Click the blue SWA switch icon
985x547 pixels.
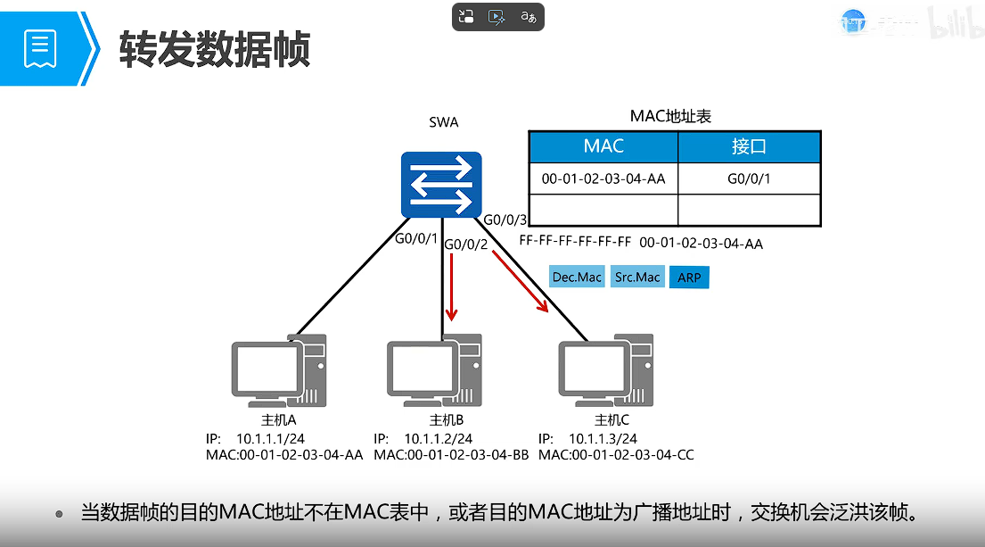pyautogui.click(x=441, y=185)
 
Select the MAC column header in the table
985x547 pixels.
pyautogui.click(x=603, y=146)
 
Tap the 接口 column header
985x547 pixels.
pyautogui.click(x=749, y=146)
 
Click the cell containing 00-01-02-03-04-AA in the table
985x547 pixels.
pyautogui.click(x=603, y=178)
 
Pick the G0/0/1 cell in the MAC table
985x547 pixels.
pyautogui.click(x=749, y=178)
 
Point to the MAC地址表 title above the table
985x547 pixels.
pyautogui.click(x=670, y=116)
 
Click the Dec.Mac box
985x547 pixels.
pyautogui.click(x=577, y=278)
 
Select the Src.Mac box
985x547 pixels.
pyautogui.click(x=637, y=278)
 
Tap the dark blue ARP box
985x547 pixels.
pyautogui.click(x=689, y=278)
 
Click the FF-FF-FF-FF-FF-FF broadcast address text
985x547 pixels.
pyautogui.click(x=575, y=243)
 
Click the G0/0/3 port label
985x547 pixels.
pyautogui.click(x=505, y=220)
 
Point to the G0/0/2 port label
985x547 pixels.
pyautogui.click(x=465, y=244)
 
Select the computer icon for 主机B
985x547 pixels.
pyautogui.click(x=435, y=370)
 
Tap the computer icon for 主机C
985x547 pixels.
pyautogui.click(x=605, y=370)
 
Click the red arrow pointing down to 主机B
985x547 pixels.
pyautogui.click(x=452, y=287)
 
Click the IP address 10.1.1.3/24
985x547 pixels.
pyautogui.click(x=603, y=438)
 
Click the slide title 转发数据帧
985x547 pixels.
pyautogui.click(x=215, y=48)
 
